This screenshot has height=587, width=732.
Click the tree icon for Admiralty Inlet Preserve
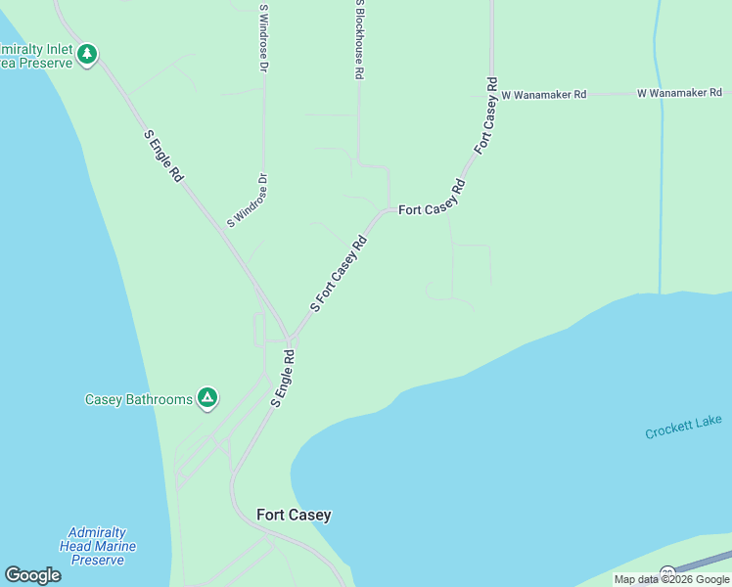[x=87, y=53]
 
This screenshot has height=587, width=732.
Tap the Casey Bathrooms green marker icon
[x=206, y=397]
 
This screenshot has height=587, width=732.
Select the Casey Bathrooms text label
[x=139, y=399]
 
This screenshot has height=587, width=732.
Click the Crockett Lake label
[x=683, y=427]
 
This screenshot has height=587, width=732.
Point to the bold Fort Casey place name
[x=294, y=515]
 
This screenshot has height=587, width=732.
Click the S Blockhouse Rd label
[x=360, y=39]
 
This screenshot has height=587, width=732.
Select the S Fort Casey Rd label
[x=338, y=273]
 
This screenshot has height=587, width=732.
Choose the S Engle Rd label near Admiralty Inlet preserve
[x=163, y=157]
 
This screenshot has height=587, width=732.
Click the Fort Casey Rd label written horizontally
[x=428, y=208]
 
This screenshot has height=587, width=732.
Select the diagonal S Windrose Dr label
[x=248, y=201]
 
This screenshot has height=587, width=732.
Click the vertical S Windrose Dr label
[x=263, y=39]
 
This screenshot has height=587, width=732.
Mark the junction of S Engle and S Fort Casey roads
[x=290, y=339]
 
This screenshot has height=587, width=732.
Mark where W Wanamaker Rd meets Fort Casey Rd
[x=491, y=94]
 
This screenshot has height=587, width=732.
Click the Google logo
[x=32, y=575]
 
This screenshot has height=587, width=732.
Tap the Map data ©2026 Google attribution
[x=671, y=579]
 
